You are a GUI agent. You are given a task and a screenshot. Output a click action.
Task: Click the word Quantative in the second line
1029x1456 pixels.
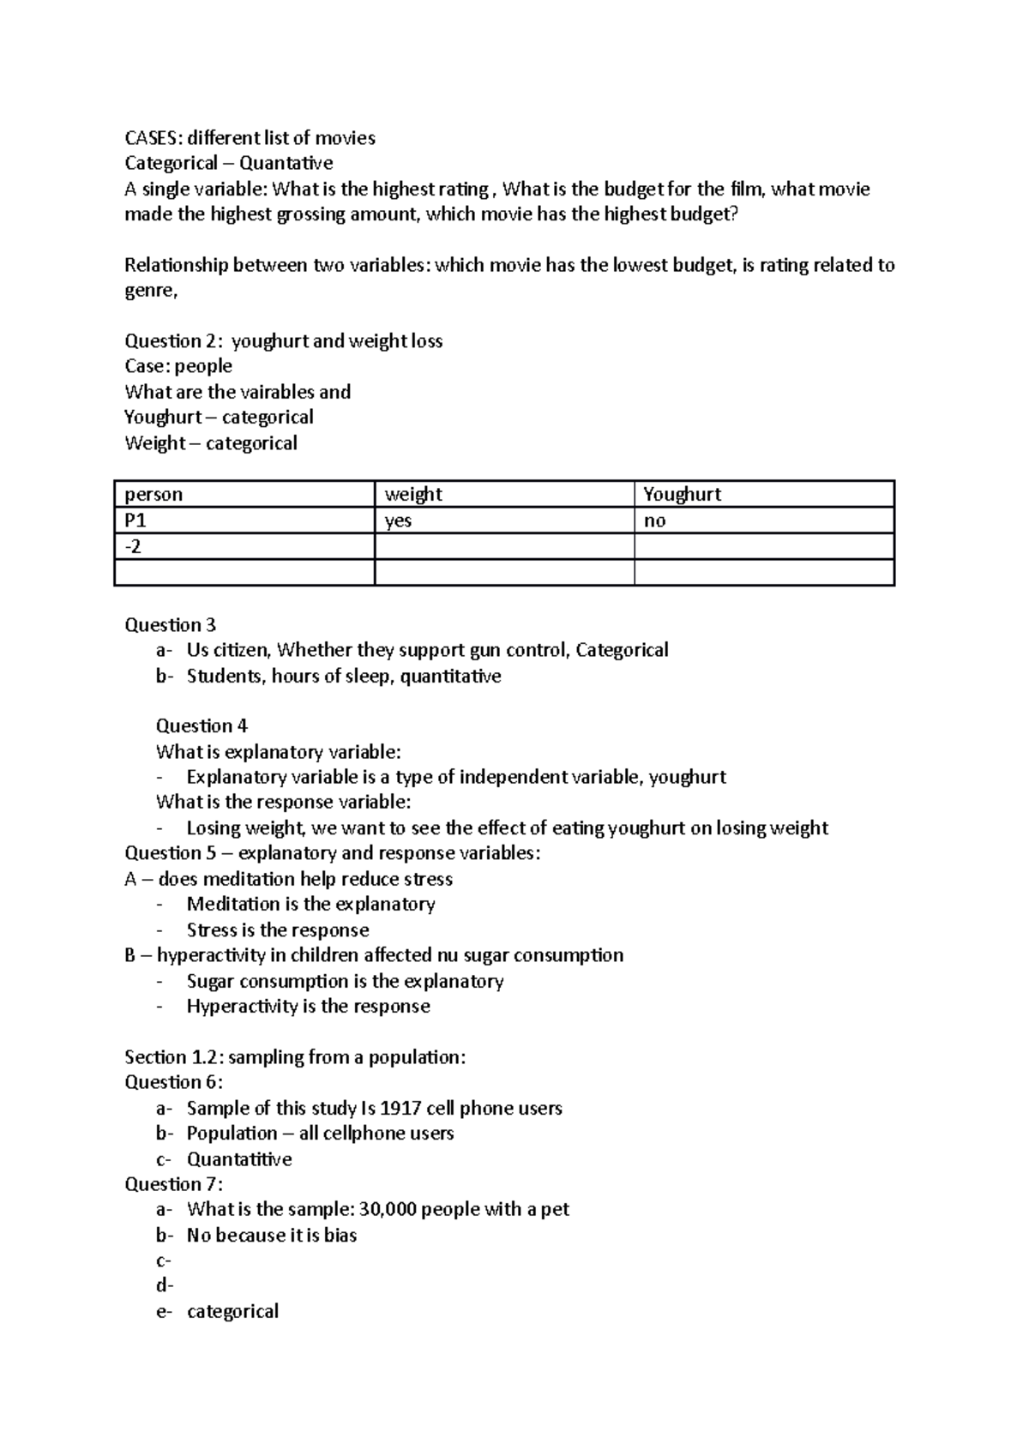pyautogui.click(x=286, y=163)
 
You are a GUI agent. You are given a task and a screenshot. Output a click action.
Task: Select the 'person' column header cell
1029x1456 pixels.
pyautogui.click(x=244, y=494)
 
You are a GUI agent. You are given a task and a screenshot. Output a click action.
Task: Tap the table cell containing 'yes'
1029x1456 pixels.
pyautogui.click(x=504, y=520)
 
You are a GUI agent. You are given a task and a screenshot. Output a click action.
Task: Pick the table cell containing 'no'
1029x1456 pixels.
pyautogui.click(x=763, y=520)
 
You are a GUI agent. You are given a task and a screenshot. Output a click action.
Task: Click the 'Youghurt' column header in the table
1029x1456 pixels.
pyautogui.click(x=763, y=494)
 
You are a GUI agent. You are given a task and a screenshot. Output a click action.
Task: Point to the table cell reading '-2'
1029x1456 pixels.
pyautogui.click(x=244, y=547)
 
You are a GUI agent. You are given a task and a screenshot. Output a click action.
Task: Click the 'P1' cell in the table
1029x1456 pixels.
pyautogui.click(x=244, y=520)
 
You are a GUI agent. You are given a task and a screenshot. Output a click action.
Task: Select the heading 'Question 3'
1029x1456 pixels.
pyautogui.click(x=170, y=624)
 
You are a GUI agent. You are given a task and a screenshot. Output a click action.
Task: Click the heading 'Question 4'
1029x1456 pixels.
pyautogui.click(x=202, y=725)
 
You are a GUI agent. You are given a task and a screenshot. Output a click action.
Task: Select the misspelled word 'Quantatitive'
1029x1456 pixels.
pyautogui.click(x=239, y=1158)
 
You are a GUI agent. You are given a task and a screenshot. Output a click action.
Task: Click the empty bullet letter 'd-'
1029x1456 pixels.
pyautogui.click(x=164, y=1285)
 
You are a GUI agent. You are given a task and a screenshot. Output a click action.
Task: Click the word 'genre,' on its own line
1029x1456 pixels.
pyautogui.click(x=151, y=291)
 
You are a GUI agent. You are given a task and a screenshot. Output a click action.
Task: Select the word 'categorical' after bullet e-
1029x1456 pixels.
pyautogui.click(x=232, y=1311)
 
